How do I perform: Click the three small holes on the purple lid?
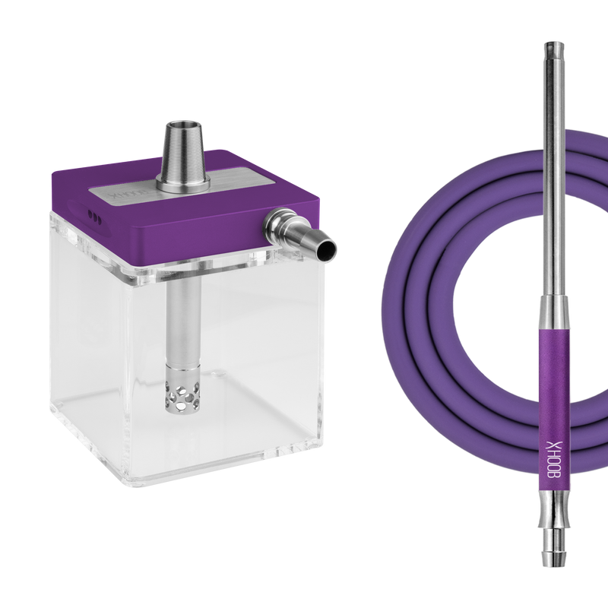click(95, 216)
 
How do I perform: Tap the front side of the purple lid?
click(190, 239)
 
